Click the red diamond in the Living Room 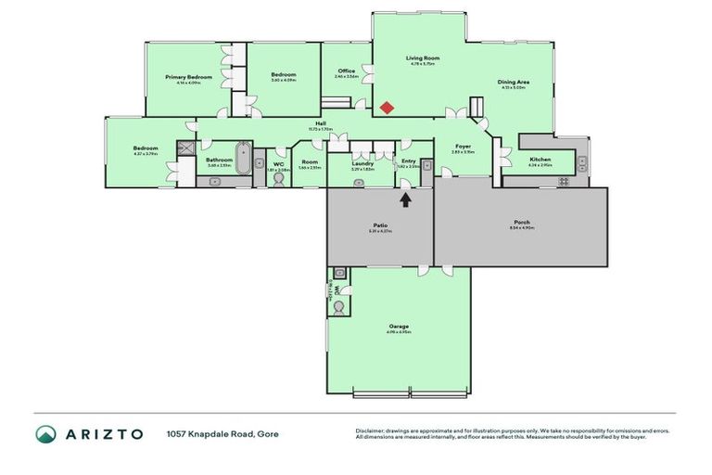pyautogui.click(x=387, y=108)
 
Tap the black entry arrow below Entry pyautogui.click(x=405, y=198)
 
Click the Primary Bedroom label pyautogui.click(x=189, y=77)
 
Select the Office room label pyautogui.click(x=347, y=71)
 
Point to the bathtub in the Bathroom pyautogui.click(x=243, y=158)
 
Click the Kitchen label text pyautogui.click(x=540, y=160)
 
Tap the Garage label pyautogui.click(x=399, y=327)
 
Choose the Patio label pyautogui.click(x=380, y=225)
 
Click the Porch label pyautogui.click(x=522, y=223)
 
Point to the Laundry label pyautogui.click(x=362, y=164)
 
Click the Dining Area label pyautogui.click(x=513, y=82)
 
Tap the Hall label pyautogui.click(x=320, y=123)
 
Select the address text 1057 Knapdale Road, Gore pyautogui.click(x=222, y=434)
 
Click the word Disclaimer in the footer pyautogui.click(x=371, y=430)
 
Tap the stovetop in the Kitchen pyautogui.click(x=562, y=182)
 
